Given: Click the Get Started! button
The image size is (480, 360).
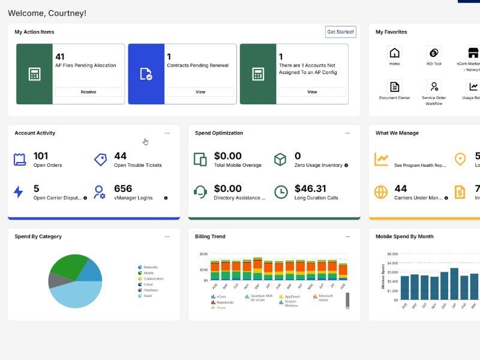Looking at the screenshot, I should (x=340, y=32).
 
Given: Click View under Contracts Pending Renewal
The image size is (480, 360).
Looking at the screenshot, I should (x=200, y=92).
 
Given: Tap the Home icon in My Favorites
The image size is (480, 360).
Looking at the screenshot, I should (x=394, y=53).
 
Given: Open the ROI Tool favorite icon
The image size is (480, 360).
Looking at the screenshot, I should (x=433, y=53).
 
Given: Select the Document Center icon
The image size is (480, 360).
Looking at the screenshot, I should (x=394, y=87).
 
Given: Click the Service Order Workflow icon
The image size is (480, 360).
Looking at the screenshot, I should (x=433, y=87).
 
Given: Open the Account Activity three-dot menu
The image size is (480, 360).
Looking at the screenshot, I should (x=167, y=133).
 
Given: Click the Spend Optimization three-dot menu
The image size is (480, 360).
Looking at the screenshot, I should (x=347, y=133).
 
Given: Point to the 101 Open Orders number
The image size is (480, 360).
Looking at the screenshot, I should (x=41, y=156).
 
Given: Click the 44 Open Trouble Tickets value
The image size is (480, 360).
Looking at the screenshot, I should (x=121, y=156).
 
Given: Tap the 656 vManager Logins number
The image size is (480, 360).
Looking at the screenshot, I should (x=123, y=188).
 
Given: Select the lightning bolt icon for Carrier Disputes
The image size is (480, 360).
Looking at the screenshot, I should (x=19, y=192).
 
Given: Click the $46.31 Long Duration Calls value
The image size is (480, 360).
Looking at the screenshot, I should (x=310, y=188).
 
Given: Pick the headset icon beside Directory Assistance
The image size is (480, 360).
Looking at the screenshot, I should (x=200, y=192).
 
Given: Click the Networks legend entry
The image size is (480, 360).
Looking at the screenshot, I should (x=150, y=267).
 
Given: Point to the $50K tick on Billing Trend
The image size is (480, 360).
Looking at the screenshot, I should (x=203, y=254).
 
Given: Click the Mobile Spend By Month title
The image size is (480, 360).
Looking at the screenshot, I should (x=404, y=236).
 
